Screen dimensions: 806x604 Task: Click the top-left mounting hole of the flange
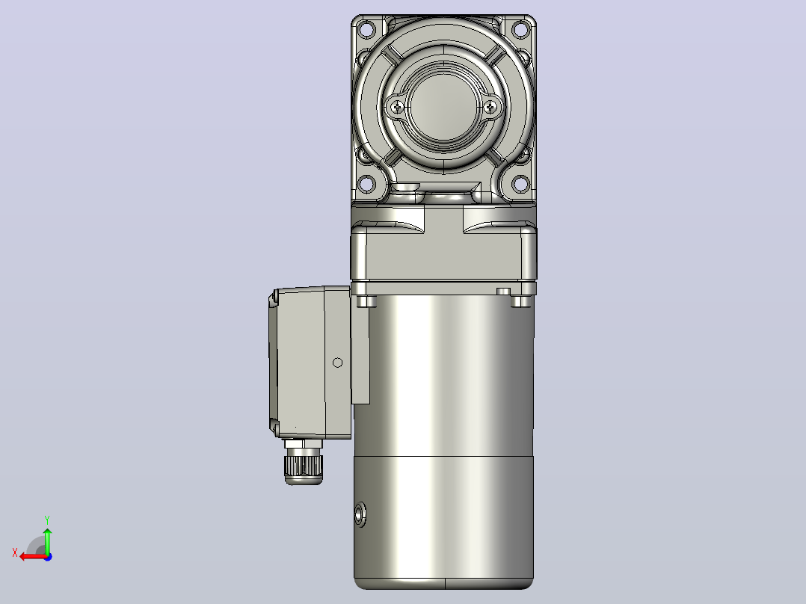(366, 29)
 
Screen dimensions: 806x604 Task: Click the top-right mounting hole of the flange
(520, 29)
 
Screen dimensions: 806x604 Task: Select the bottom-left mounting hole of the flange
(366, 183)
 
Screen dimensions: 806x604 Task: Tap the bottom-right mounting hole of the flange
(520, 183)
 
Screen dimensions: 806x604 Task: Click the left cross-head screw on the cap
(398, 108)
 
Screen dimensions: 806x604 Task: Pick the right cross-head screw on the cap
(490, 108)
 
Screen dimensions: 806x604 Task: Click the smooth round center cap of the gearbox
(443, 107)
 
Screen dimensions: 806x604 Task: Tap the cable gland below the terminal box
(304, 462)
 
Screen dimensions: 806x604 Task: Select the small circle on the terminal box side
(338, 363)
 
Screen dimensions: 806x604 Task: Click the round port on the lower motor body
(360, 514)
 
